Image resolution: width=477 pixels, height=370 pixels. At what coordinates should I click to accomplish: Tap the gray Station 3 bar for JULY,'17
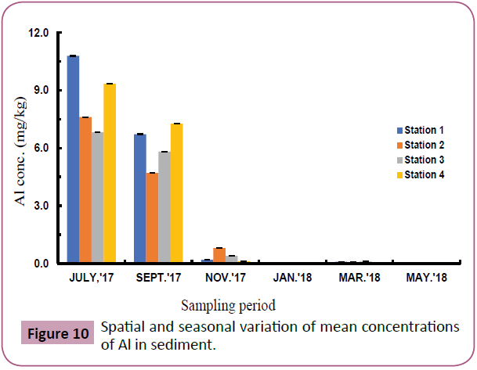(x=97, y=198)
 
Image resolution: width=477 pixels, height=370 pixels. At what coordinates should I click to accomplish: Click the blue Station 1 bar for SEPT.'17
(x=140, y=199)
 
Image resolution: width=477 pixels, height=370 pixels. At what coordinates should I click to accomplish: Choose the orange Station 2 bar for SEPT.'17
(x=152, y=218)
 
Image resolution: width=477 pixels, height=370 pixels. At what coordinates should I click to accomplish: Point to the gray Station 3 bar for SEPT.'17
(x=164, y=208)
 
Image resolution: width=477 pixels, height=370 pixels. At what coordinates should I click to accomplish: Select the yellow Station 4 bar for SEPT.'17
(x=177, y=194)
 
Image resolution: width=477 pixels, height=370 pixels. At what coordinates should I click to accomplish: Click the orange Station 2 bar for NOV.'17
(x=219, y=256)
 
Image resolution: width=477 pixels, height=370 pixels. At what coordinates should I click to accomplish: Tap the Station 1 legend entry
(x=424, y=130)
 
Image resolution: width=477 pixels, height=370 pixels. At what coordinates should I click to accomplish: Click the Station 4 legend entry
(x=424, y=174)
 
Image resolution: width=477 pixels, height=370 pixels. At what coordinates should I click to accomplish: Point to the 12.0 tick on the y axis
(x=39, y=34)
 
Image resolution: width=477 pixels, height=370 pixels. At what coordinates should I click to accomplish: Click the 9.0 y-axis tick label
(x=42, y=91)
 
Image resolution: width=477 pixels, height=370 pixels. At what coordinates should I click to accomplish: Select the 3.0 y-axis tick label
(x=42, y=207)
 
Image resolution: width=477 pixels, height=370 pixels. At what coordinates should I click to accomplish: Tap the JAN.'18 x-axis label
(x=294, y=278)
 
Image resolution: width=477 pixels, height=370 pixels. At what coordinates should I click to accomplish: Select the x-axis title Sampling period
(x=229, y=303)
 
